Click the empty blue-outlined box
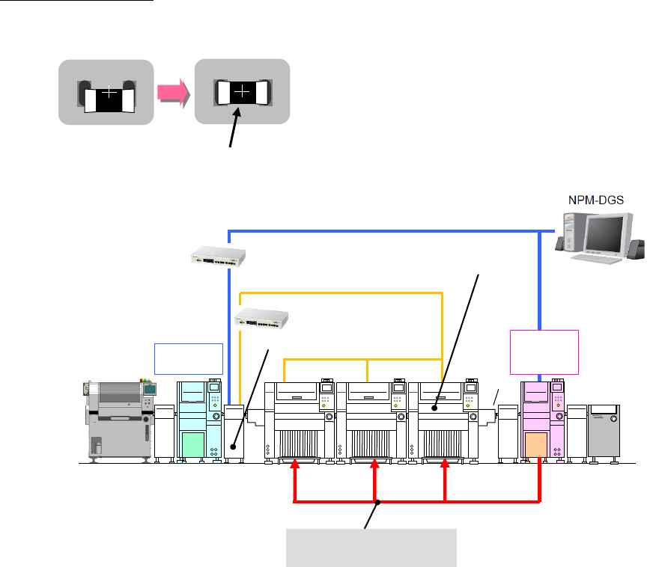tap(188, 358)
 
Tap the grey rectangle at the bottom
tap(372, 547)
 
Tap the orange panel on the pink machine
tap(539, 445)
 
